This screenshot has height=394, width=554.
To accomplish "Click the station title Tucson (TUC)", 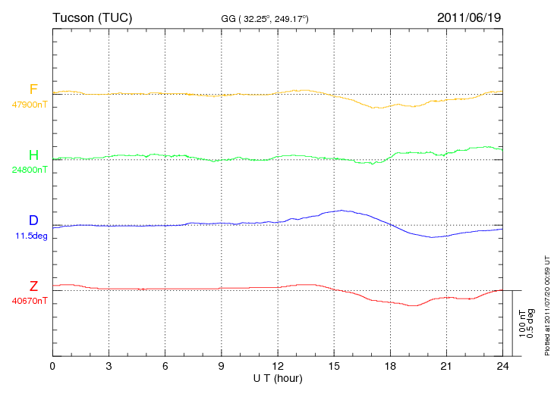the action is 93,17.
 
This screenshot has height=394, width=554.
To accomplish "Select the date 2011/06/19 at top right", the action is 469,17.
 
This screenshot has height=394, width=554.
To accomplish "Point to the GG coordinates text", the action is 265,19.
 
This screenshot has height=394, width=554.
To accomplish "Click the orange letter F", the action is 33,89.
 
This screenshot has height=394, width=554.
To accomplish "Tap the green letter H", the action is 33,155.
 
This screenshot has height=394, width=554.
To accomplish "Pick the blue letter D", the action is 33,220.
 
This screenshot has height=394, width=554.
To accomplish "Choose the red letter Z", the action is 33,286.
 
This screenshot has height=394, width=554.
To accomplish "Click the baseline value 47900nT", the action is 30,105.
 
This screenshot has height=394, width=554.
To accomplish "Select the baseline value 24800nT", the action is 30,170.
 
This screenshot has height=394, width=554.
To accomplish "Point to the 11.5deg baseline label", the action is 31,236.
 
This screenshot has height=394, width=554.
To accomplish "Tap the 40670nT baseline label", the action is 30,301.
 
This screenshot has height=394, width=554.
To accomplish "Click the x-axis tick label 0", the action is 52,367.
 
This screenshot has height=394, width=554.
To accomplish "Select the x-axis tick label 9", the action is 221,367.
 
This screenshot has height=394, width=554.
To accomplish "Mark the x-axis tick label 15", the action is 334,367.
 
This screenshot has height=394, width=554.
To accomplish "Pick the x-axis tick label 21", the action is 446,367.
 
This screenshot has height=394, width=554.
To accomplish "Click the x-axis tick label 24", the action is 502,367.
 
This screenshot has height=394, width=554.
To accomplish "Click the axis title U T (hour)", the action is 278,379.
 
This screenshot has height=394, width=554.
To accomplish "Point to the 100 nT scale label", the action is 522,324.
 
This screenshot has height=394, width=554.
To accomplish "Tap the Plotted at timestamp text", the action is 547,305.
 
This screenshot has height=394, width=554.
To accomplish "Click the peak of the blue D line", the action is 342,210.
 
